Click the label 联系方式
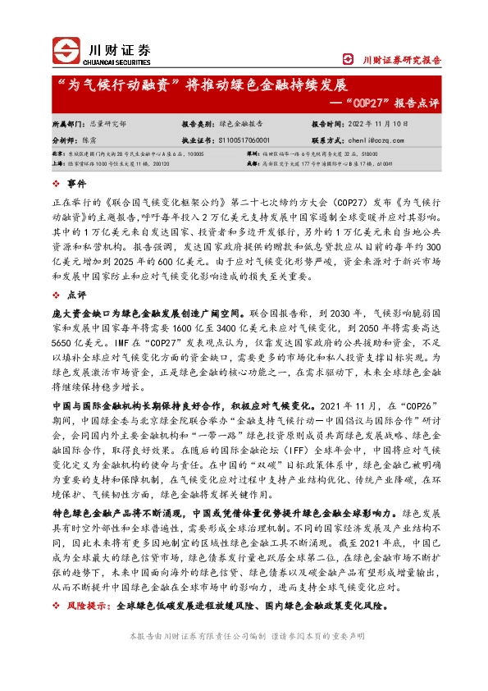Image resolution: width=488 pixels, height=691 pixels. click(326, 140)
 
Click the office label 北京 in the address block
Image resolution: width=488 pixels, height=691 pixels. click(57, 153)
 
